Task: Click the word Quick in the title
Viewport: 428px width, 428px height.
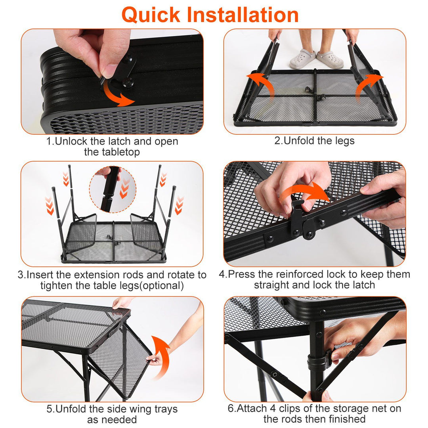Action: [151, 15]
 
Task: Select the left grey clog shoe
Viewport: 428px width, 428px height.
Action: [302, 58]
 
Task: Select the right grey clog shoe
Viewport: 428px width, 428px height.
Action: [330, 59]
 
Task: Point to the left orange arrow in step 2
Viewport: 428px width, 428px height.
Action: [262, 85]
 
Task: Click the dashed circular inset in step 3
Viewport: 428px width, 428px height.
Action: [113, 189]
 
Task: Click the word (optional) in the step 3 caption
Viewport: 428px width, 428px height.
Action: [161, 285]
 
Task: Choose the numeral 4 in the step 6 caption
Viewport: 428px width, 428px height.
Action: [273, 409]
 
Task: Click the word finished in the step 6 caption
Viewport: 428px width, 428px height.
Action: [347, 419]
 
